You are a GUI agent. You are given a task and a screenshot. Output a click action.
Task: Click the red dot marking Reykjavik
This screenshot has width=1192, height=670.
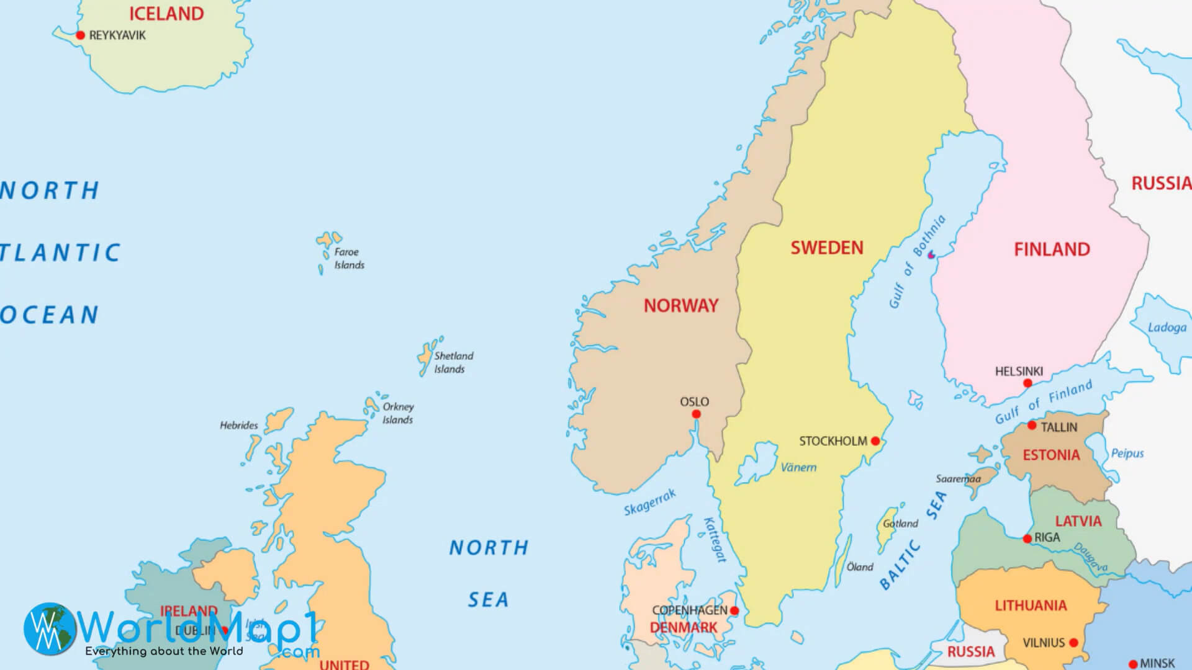80,35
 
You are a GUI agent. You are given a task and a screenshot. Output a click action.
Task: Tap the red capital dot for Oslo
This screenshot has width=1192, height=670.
696,414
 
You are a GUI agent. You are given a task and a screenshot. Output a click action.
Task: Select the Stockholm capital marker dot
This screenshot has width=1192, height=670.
875,441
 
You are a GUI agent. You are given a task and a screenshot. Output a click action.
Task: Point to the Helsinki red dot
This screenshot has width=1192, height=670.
1027,383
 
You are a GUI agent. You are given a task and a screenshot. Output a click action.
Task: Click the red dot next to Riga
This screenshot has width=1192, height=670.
1027,538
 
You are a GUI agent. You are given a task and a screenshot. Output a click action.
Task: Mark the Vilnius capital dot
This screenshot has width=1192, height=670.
1073,643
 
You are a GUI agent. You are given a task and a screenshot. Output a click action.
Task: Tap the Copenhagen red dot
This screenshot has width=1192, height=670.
734,610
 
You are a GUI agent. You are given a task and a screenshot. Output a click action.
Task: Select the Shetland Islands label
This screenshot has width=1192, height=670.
453,362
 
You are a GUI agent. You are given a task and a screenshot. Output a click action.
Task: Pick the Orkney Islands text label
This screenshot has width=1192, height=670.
398,413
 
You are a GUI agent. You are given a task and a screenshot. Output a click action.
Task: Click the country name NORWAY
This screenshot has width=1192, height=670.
680,305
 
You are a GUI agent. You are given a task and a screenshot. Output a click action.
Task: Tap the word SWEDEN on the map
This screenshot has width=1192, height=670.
826,248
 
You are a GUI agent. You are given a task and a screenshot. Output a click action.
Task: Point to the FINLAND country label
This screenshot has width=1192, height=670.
1052,249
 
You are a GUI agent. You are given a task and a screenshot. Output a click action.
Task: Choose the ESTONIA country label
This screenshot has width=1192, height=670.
1051,455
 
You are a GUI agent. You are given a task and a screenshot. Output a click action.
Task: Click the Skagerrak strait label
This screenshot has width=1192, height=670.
649,502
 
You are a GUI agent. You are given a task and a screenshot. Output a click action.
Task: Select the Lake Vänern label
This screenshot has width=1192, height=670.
798,467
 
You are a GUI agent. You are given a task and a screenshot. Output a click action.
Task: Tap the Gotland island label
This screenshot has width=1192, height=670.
900,524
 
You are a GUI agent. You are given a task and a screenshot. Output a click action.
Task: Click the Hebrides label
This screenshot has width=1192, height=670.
238,425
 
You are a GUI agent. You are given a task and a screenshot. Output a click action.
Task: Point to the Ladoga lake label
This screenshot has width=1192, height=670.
1167,327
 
